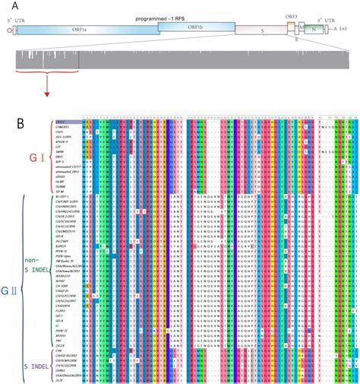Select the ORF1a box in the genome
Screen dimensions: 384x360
point(84,30)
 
